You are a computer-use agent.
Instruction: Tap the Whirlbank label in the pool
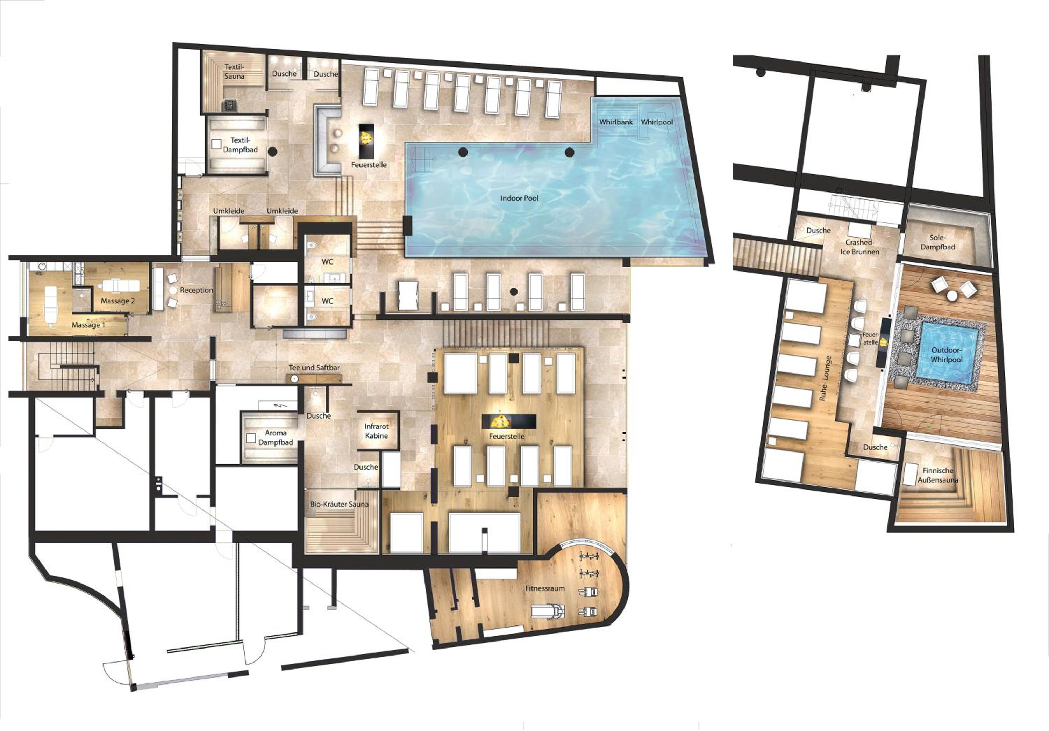click(x=616, y=122)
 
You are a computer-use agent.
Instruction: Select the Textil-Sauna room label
click(x=234, y=72)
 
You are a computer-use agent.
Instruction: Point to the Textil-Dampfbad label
click(x=240, y=145)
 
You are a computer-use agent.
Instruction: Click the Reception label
click(x=197, y=290)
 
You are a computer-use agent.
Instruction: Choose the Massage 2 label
click(x=118, y=301)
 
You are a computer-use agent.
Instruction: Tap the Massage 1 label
click(x=88, y=325)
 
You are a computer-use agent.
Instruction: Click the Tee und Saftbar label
click(x=314, y=368)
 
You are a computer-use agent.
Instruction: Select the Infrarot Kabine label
click(x=377, y=431)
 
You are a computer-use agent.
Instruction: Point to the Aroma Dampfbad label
click(x=276, y=437)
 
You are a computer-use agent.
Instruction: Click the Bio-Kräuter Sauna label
click(x=339, y=504)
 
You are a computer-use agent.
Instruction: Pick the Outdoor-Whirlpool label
click(x=946, y=355)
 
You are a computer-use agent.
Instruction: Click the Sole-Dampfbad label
click(x=937, y=243)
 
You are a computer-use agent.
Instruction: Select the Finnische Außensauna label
click(x=938, y=475)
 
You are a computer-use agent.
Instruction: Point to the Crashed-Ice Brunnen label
click(x=859, y=247)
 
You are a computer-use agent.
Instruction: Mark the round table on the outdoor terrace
click(x=952, y=296)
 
